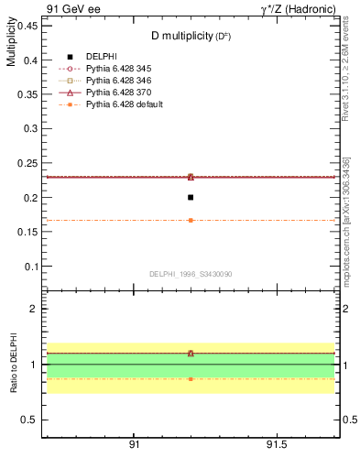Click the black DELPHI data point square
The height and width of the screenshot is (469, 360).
click(191, 197)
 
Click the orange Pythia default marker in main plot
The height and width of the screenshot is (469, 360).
click(191, 220)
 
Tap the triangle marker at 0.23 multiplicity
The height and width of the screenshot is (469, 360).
click(191, 177)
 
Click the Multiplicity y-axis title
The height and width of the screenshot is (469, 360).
click(11, 44)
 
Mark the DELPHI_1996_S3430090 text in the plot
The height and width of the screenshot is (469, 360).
click(190, 274)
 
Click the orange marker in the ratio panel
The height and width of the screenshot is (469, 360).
click(191, 378)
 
